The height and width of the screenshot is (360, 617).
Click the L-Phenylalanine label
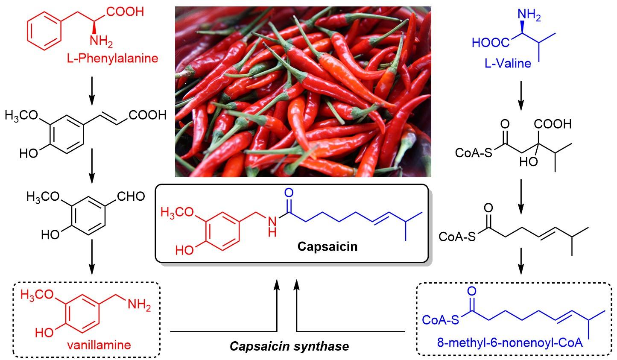coord(112,58)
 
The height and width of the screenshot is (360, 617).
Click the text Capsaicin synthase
coord(289,346)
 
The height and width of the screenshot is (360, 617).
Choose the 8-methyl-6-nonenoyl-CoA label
coord(509,343)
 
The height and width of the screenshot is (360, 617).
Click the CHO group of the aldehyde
coord(130,196)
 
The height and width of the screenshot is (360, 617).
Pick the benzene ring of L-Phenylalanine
coord(43,32)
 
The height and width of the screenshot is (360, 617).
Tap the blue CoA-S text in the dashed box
coord(440,319)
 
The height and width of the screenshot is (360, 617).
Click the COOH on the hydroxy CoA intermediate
coord(554,124)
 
